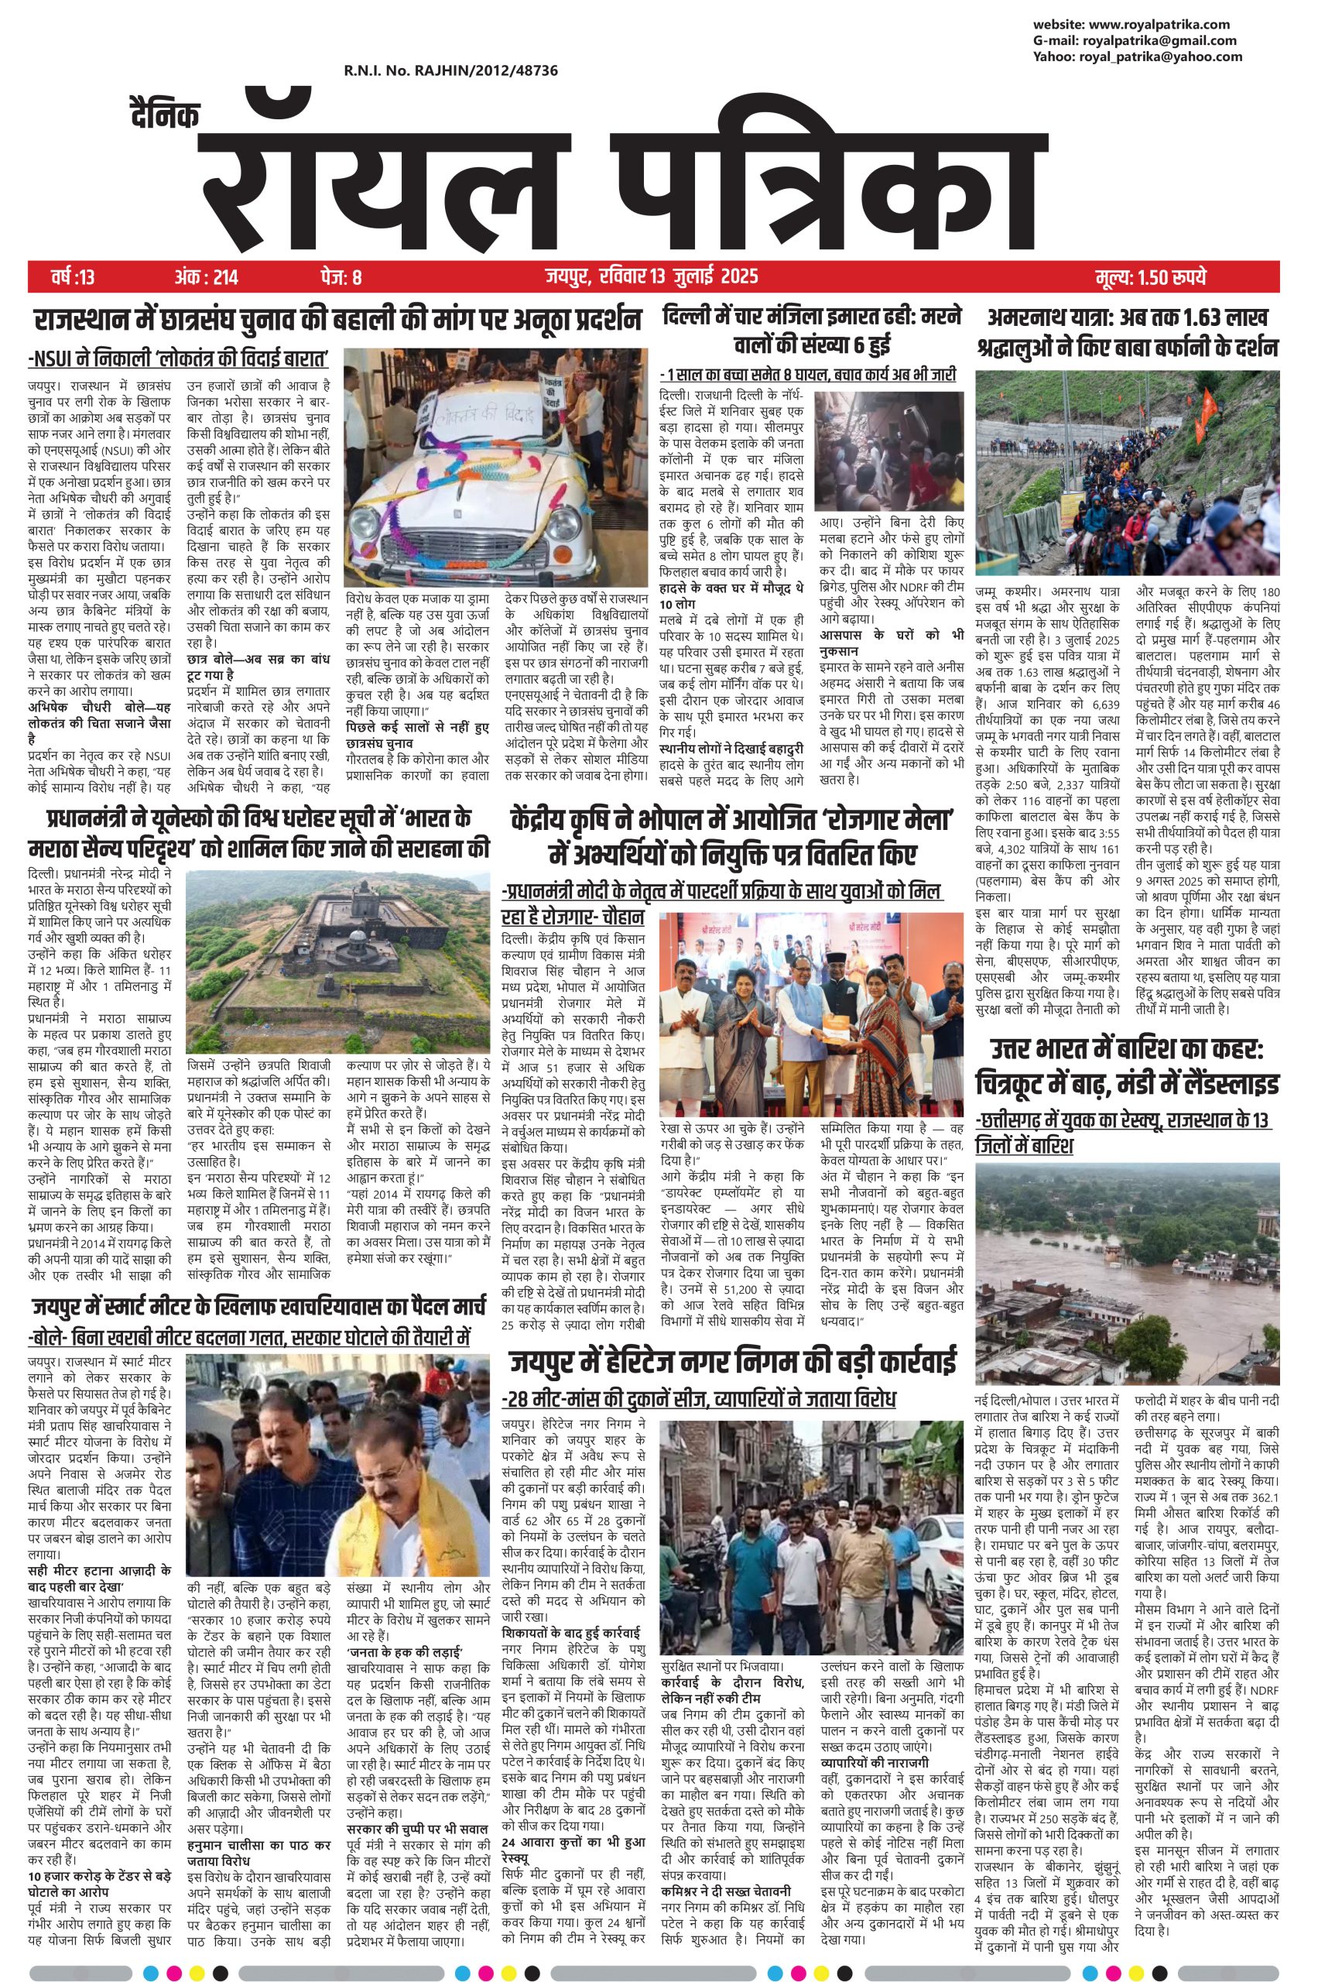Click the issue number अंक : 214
point(206,276)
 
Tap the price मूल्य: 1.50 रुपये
point(1152,276)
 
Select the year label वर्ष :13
point(72,276)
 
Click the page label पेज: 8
point(341,276)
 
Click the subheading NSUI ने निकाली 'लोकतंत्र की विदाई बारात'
point(178,360)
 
